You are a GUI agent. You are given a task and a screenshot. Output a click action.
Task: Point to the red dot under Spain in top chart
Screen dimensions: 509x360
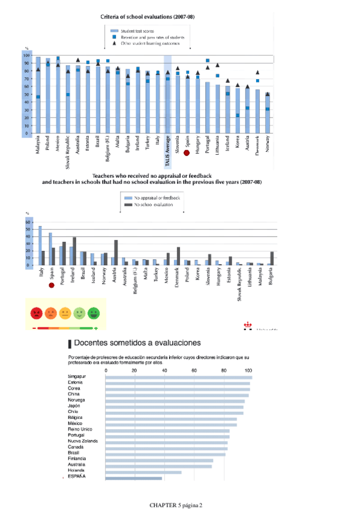pyautogui.click(x=187, y=153)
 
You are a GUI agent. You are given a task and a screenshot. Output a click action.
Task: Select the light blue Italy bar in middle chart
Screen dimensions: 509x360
pyautogui.click(x=40, y=245)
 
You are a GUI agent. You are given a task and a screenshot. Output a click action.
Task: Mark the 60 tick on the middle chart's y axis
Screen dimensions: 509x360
pyautogui.click(x=27, y=221)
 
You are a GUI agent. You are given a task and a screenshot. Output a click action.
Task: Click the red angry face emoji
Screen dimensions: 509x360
pyautogui.click(x=37, y=313)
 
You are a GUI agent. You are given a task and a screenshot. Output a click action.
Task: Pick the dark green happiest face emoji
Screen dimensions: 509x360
pyautogui.click(x=94, y=313)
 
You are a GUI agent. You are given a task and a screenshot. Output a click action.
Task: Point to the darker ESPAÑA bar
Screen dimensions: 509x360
pyautogui.click(x=134, y=478)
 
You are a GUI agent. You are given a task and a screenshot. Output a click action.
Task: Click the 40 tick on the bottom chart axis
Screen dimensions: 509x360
pyautogui.click(x=164, y=370)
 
